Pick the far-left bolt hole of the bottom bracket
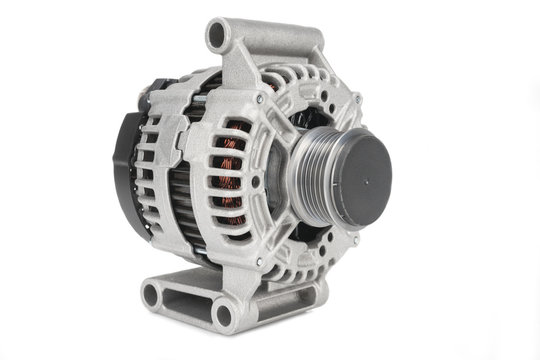[x=151, y=294]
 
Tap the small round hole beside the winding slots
[x=256, y=180]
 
